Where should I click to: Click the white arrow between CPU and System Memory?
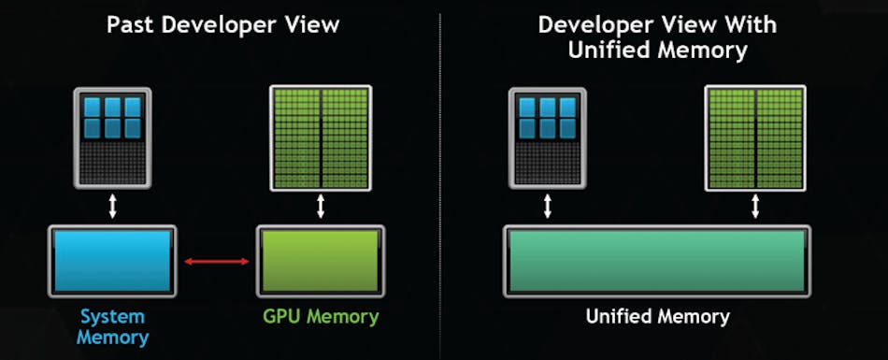pyautogui.click(x=112, y=207)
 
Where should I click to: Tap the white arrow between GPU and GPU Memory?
pyautogui.click(x=321, y=207)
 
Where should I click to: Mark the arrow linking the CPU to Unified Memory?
pyautogui.click(x=547, y=207)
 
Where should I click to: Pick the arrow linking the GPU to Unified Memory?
pyautogui.click(x=755, y=207)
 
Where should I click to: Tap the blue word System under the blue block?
pyautogui.click(x=112, y=316)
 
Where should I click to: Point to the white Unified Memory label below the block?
pyautogui.click(x=657, y=317)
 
